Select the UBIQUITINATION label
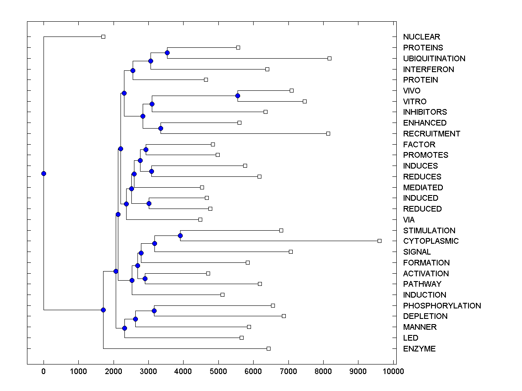(434, 59)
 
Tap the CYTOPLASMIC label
(431, 241)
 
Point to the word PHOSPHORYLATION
(442, 306)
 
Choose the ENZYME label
(419, 349)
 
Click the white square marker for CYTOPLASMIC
(379, 241)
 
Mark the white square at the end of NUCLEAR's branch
(103, 36)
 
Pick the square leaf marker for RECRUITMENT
(328, 133)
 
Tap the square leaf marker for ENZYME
(268, 348)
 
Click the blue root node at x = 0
(43, 173)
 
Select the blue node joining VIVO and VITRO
(238, 96)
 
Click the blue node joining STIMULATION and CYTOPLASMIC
(181, 235)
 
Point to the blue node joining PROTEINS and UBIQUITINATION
(167, 53)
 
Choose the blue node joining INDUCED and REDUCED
(149, 203)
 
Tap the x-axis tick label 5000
(218, 371)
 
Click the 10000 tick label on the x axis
(393, 371)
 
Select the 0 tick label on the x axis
(43, 371)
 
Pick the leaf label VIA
(409, 220)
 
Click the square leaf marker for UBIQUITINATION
(329, 58)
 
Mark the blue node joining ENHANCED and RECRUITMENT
(161, 128)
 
